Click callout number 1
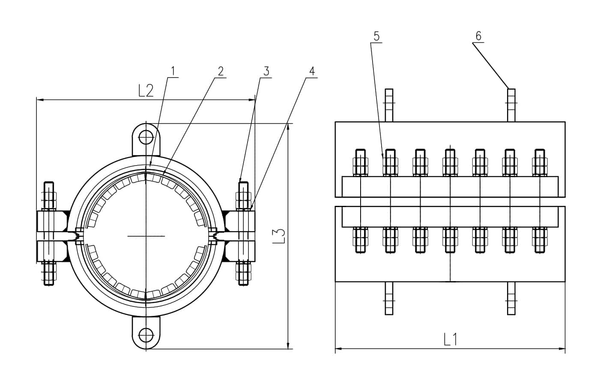click(173, 71)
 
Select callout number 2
click(221, 71)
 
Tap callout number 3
click(266, 71)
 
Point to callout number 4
click(312, 71)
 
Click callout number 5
click(376, 36)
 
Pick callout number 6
click(478, 36)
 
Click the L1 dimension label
click(450, 339)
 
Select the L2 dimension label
click(146, 91)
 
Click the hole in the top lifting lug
click(146, 137)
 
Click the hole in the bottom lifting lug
click(146, 334)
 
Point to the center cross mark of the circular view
click(146, 236)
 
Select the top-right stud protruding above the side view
click(511, 105)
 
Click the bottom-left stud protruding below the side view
click(389, 298)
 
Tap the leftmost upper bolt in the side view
click(360, 163)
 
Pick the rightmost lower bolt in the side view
click(540, 240)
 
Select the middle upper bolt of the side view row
click(450, 163)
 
